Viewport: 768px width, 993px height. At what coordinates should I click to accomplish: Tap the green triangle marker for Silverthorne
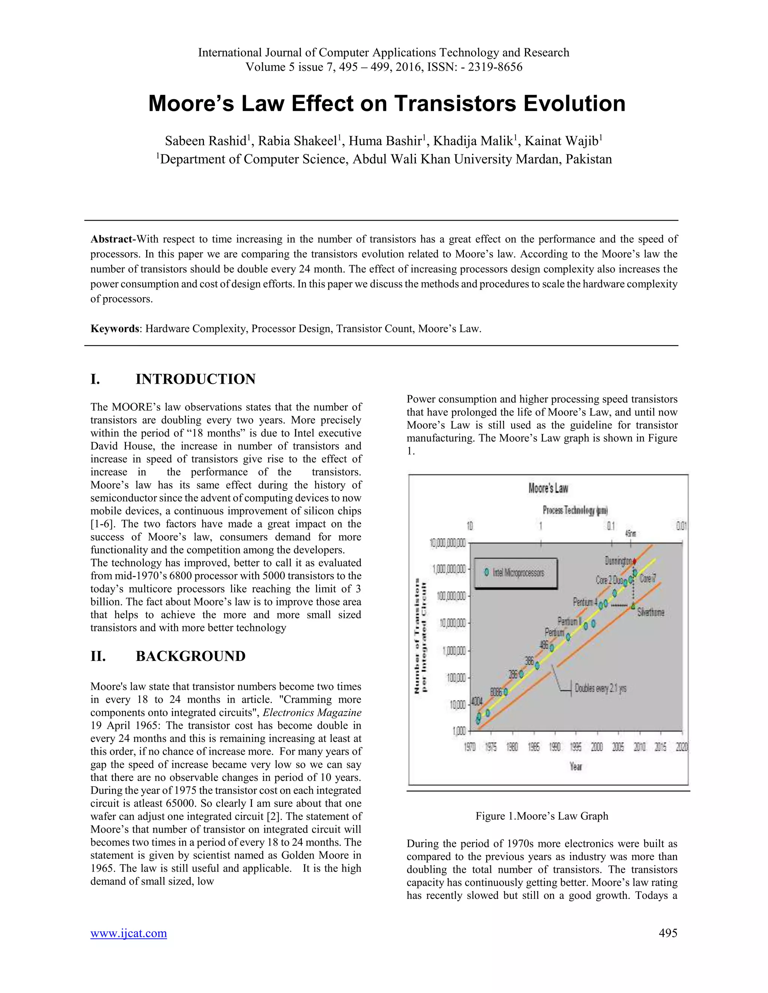tap(633, 606)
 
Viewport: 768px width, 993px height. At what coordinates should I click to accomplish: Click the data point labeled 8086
tap(505, 692)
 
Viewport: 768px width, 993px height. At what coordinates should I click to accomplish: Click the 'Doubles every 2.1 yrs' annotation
tap(600, 688)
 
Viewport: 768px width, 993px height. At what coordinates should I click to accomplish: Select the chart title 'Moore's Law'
tap(548, 489)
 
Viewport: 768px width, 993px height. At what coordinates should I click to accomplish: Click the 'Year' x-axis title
tap(576, 767)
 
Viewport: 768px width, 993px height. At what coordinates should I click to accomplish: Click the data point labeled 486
tap(552, 648)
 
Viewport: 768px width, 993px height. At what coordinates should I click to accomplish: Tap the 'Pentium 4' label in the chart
tap(585, 602)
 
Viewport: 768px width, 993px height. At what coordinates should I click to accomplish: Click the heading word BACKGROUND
tap(190, 656)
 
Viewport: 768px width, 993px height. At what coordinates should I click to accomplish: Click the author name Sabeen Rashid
tap(205, 141)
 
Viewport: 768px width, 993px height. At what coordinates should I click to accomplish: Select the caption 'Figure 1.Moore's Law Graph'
tap(541, 816)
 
